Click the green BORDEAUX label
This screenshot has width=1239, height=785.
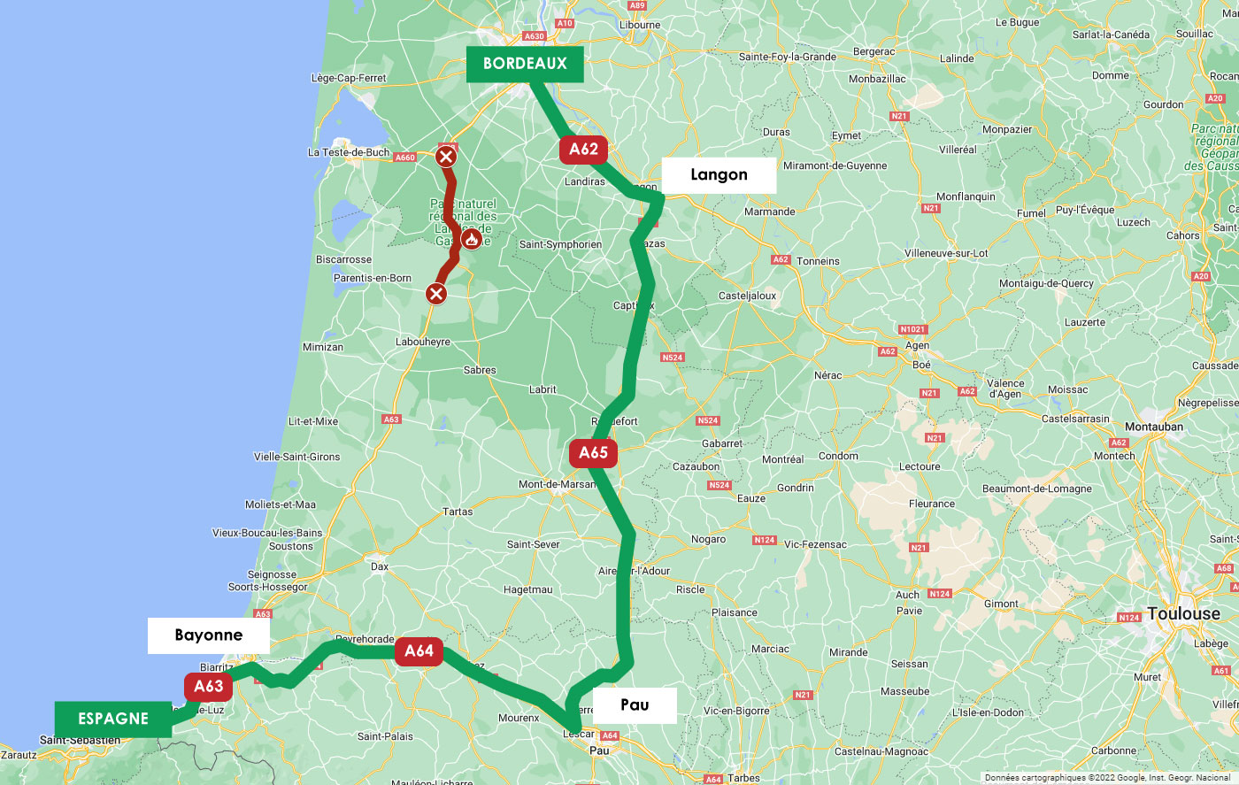[525, 64]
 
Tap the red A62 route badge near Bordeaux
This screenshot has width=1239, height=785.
[584, 150]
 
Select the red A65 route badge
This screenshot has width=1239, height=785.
[593, 453]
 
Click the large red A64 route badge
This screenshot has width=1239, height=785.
[419, 651]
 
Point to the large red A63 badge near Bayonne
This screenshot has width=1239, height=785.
[209, 686]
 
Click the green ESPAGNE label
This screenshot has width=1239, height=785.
[113, 719]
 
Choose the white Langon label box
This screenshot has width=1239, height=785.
[719, 175]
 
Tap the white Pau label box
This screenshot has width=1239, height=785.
[635, 705]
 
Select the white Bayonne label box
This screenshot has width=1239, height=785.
[209, 635]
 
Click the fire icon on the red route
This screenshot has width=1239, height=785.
[472, 239]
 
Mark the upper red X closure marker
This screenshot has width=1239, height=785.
[446, 158]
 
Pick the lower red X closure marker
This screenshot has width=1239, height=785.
[436, 293]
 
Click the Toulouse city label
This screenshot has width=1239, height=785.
[1183, 613]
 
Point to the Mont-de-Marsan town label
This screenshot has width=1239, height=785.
[558, 484]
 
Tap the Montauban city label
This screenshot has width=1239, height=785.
[1154, 427]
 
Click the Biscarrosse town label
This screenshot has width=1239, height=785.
[343, 259]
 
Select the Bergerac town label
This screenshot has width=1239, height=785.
[873, 51]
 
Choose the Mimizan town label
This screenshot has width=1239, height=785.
[323, 347]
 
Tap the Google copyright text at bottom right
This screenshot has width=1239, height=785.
[1107, 778]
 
